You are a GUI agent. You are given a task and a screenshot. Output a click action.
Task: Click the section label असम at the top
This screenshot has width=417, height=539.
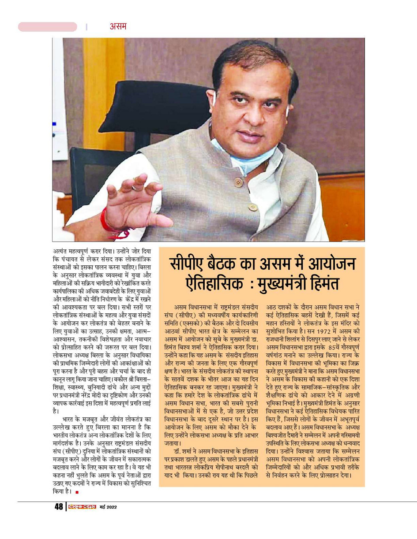pyautogui.click(x=118, y=26)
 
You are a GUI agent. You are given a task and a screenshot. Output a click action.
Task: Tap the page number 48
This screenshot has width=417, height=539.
pyautogui.click(x=59, y=507)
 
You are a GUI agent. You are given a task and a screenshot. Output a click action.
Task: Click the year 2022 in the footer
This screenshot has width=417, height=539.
pyautogui.click(x=111, y=507)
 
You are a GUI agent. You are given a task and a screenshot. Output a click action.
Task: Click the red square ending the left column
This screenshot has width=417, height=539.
pyautogui.click(x=77, y=492)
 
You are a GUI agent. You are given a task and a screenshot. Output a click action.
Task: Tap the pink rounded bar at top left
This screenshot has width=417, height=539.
pyautogui.click(x=47, y=27)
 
